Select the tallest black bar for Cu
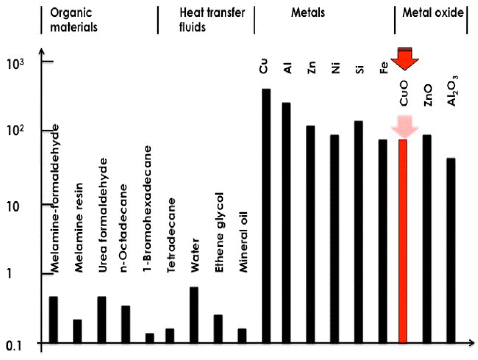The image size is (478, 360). tap(266, 215)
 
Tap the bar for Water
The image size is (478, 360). tap(194, 315)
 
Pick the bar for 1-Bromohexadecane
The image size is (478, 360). tap(150, 338)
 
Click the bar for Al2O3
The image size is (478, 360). tap(451, 250)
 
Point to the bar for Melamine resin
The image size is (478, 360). tap(77, 331)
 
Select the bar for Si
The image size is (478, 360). tap(359, 232)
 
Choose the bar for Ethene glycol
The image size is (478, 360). tap(218, 329)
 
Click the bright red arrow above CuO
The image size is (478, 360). tap(404, 59)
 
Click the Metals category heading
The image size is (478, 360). tap(308, 13)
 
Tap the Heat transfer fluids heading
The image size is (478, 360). tap(212, 20)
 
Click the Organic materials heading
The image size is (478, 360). tap(74, 20)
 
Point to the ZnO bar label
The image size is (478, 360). tap(428, 95)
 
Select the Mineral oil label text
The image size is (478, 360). tap(243, 242)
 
